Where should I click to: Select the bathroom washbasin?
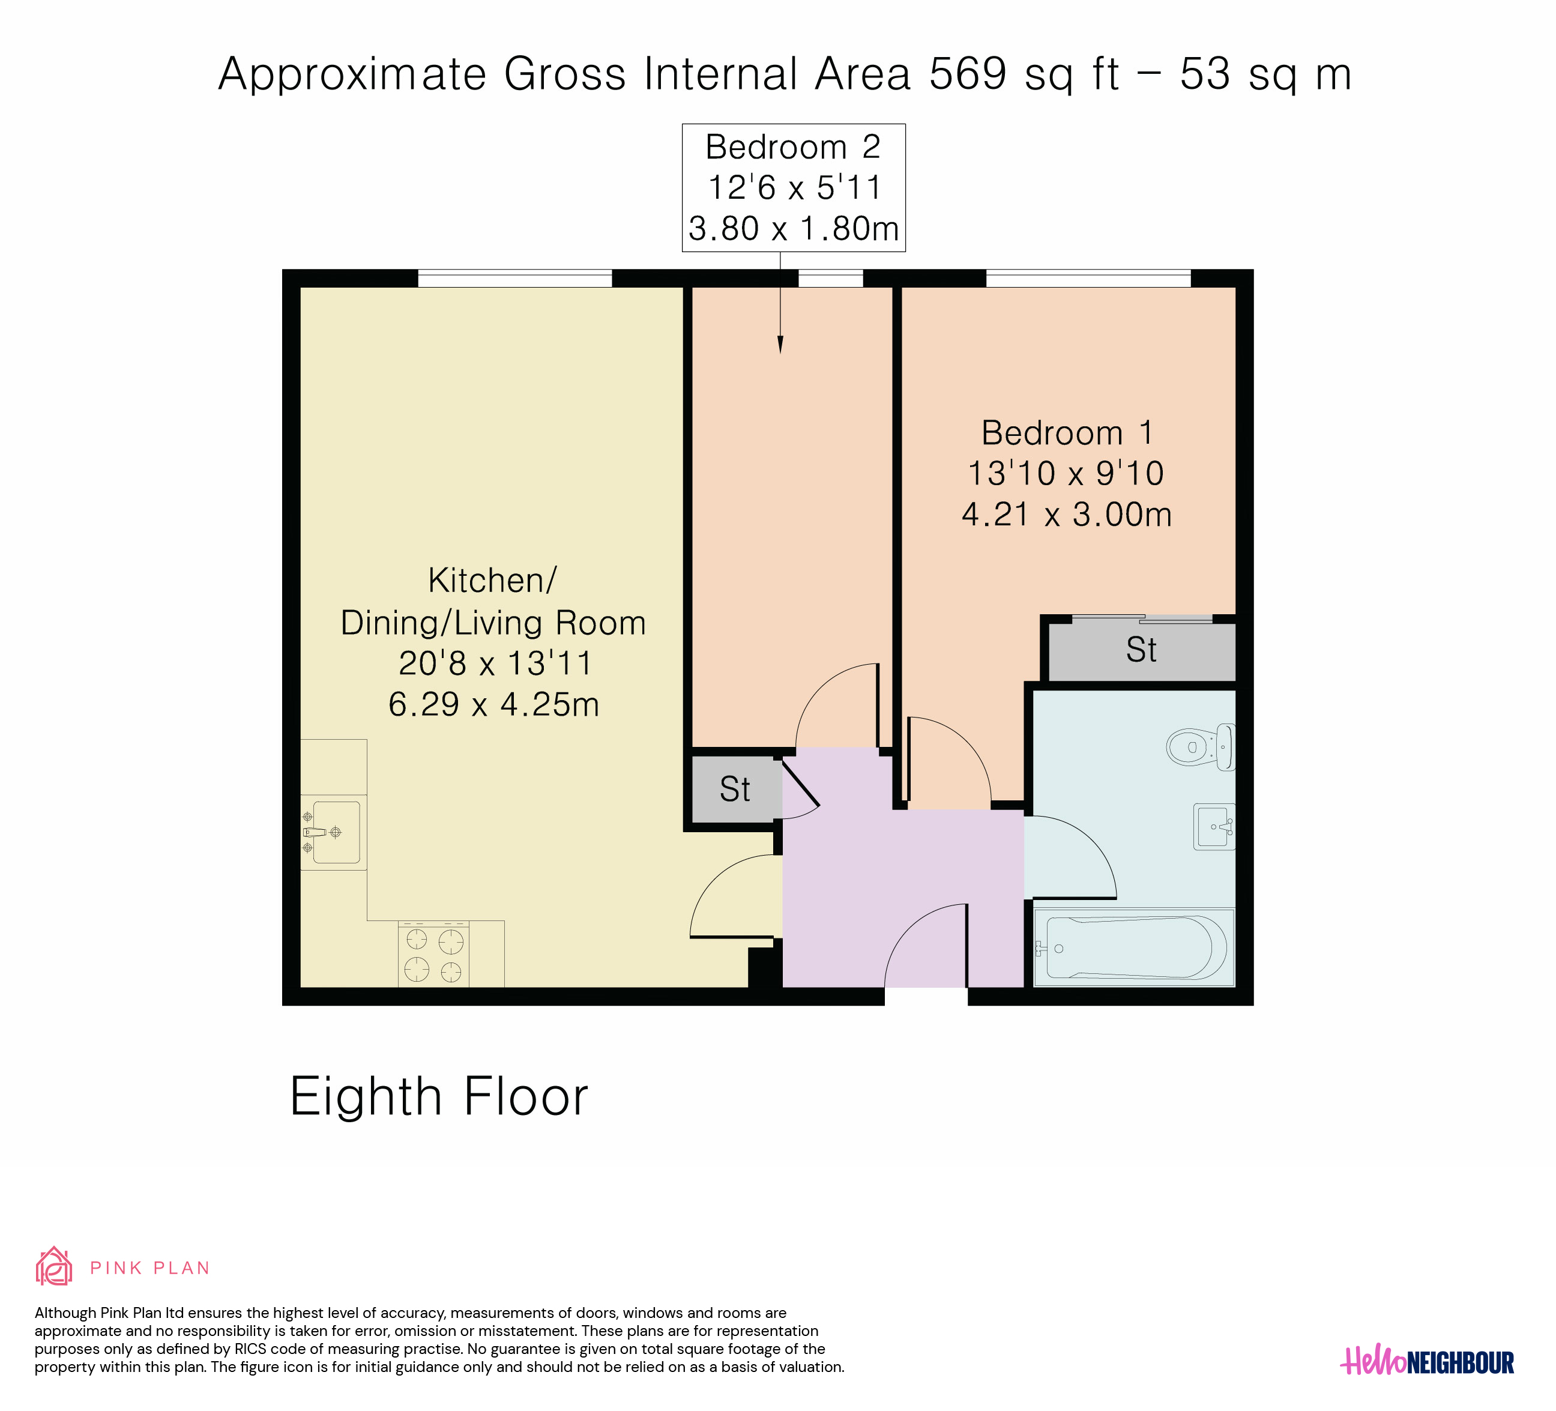tap(1214, 827)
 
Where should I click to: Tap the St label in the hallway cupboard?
tap(735, 790)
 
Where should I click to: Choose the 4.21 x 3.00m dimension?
tap(1067, 515)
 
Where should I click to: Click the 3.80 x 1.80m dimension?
tap(794, 229)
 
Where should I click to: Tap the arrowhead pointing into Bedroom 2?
tap(780, 345)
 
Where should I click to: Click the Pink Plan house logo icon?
tap(54, 1267)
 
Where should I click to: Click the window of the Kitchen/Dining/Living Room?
tap(515, 278)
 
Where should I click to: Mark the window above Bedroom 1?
tap(1088, 278)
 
